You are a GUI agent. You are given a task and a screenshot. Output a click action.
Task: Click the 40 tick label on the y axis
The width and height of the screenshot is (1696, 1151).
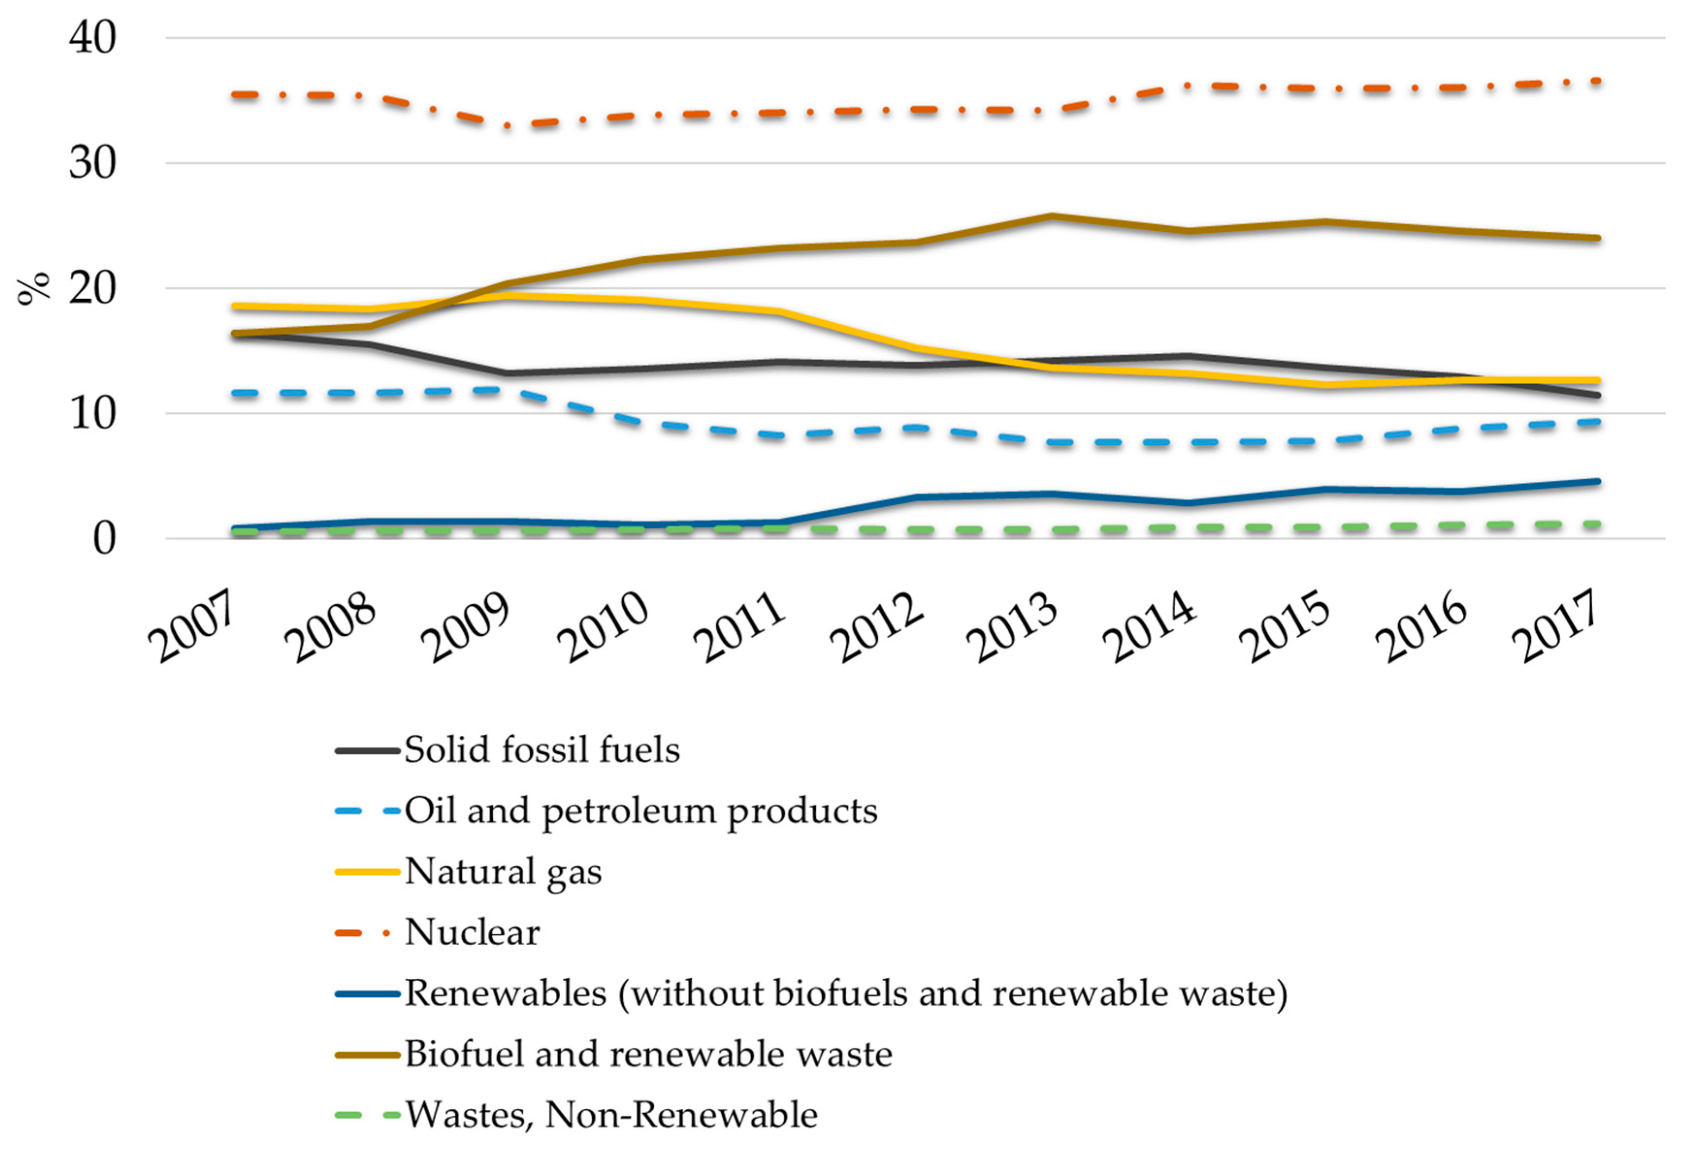(93, 37)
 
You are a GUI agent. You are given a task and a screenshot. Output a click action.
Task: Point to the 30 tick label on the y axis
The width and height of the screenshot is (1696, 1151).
(93, 163)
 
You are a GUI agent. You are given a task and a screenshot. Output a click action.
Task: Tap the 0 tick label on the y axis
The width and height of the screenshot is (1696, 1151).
(104, 539)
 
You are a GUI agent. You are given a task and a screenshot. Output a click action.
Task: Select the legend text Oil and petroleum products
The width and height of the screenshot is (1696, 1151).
(641, 811)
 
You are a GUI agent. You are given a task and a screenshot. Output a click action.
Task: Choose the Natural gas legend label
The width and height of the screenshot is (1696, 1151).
(503, 872)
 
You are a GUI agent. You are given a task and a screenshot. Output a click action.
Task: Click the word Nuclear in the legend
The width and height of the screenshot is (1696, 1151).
(472, 932)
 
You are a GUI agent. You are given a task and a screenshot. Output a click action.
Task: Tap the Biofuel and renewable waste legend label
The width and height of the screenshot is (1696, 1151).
(648, 1054)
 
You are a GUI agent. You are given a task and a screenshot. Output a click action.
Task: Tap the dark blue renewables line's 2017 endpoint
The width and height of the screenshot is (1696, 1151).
(1598, 482)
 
